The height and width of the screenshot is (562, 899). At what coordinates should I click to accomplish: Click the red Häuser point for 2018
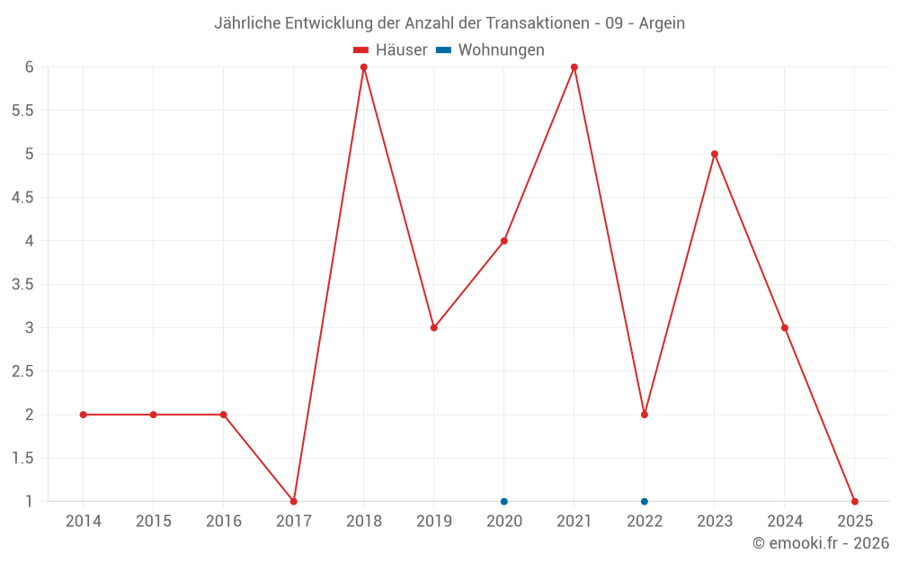[x=364, y=67]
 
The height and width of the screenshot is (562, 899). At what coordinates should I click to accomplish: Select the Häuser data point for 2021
[x=574, y=67]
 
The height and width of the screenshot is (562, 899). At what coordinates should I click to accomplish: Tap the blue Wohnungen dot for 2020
[x=504, y=501]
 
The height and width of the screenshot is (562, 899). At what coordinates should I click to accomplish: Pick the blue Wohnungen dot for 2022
[x=645, y=501]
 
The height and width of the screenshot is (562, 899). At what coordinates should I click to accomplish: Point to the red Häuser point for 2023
[x=715, y=154]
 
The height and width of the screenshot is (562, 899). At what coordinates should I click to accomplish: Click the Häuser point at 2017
[x=294, y=501]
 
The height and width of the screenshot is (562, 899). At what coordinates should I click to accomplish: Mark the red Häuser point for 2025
[x=855, y=501]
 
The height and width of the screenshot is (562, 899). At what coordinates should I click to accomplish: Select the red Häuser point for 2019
[x=434, y=327]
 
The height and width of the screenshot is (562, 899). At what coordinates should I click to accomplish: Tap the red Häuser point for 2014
[x=84, y=415]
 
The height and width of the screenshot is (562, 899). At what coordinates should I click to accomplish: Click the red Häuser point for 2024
[x=785, y=327]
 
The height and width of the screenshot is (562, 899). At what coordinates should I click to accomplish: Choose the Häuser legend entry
[x=390, y=50]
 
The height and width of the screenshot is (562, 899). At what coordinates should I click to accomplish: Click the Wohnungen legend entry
[x=491, y=50]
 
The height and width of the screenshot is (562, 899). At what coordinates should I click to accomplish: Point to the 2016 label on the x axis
[x=224, y=522]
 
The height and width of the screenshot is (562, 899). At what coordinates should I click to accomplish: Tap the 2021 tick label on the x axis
[x=574, y=522]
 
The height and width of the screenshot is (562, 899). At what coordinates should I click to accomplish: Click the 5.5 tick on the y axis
[x=22, y=111]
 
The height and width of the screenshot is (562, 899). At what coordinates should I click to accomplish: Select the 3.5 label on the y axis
[x=22, y=284]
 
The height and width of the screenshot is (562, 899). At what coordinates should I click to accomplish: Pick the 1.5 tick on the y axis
[x=22, y=458]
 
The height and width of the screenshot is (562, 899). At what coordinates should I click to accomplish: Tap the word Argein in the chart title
[x=662, y=23]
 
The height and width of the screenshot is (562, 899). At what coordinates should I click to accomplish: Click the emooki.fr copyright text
[x=821, y=543]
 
